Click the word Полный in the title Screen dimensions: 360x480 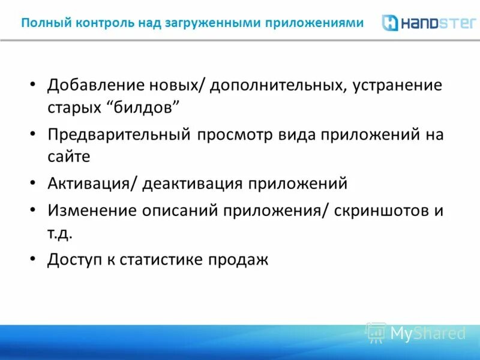pyautogui.click(x=40, y=23)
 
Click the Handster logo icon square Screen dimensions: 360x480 pyautogui.click(x=391, y=23)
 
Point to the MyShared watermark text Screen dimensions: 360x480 pyautogui.click(x=428, y=333)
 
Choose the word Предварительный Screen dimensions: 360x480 pyautogui.click(x=120, y=134)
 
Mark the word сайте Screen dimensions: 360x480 pyautogui.click(x=69, y=157)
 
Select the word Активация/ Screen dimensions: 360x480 pyautogui.click(x=93, y=184)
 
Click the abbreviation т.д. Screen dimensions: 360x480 pyautogui.click(x=60, y=233)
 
